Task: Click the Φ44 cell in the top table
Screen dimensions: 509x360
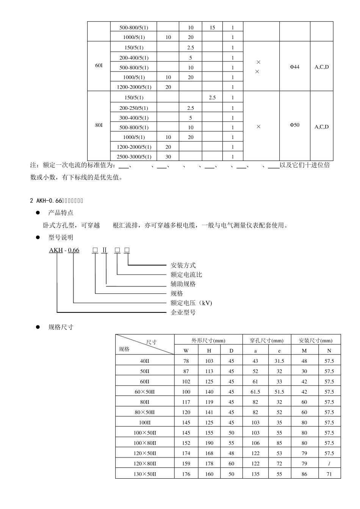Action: [x=294, y=67]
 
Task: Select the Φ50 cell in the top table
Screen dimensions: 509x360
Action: [x=294, y=125]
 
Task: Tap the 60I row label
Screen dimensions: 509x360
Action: [x=99, y=66]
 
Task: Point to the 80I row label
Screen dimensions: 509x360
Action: [x=99, y=125]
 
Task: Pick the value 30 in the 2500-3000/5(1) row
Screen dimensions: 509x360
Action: [x=168, y=157]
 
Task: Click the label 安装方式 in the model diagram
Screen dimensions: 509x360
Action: [x=183, y=265]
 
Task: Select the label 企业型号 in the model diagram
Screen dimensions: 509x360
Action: [x=183, y=312]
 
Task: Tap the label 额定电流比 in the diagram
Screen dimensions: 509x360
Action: [x=186, y=275]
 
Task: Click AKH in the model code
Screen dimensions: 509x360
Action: [x=56, y=250]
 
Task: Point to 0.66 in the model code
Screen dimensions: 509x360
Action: [x=74, y=250]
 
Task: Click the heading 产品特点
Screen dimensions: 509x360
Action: [x=61, y=213]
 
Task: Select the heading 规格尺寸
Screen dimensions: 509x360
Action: [x=61, y=327]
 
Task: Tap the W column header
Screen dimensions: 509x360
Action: [x=186, y=351]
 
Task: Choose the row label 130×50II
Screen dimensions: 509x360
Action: [x=145, y=474]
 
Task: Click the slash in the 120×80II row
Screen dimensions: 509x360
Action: [x=329, y=464]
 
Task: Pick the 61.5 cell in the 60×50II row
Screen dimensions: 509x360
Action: [x=255, y=392]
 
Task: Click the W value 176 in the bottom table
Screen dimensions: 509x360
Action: [x=186, y=474]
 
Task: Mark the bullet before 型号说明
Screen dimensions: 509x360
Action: [x=38, y=237]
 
